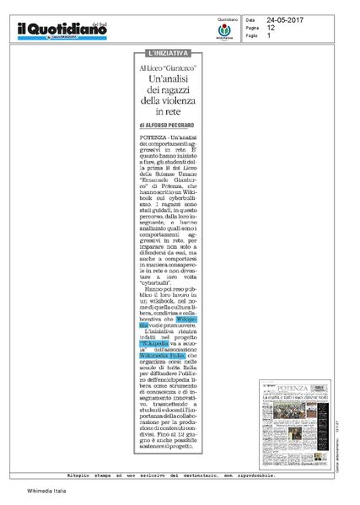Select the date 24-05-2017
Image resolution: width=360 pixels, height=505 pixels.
pos(286,19)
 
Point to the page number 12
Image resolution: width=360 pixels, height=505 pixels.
pos(271,27)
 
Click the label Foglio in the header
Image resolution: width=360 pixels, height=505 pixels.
pos(251,35)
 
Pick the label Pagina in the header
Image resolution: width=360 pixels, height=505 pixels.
pos(252,27)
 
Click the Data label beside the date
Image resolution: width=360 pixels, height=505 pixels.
pos(250,19)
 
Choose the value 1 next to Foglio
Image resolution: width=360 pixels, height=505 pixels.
pos(269,35)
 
